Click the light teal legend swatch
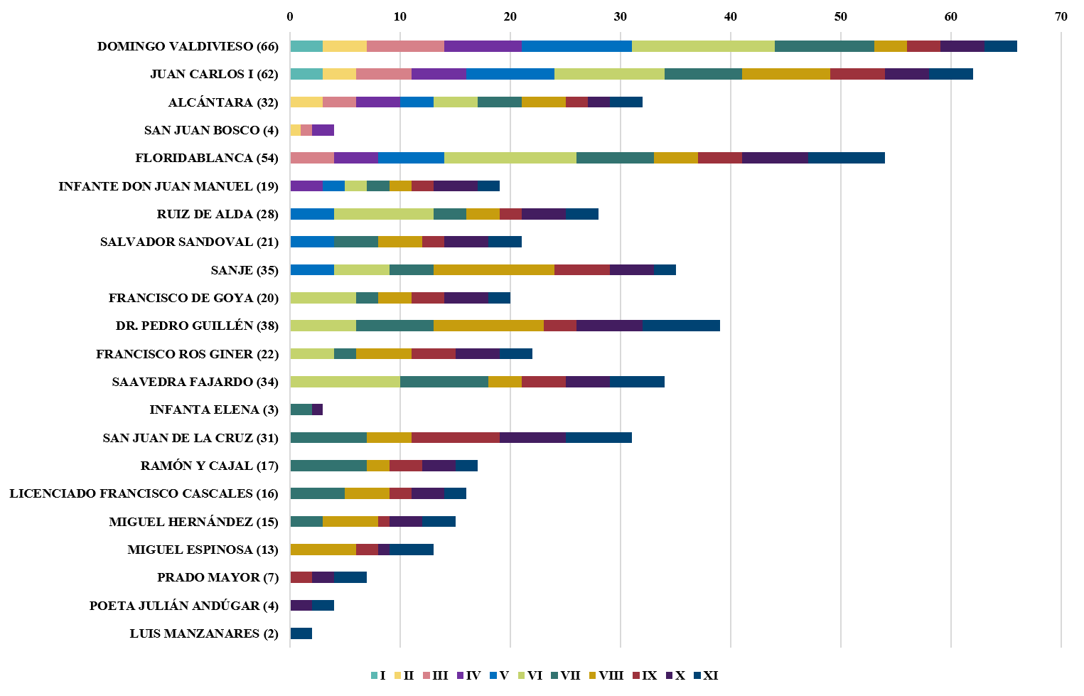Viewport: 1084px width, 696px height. point(374,675)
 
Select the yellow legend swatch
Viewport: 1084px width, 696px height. point(397,675)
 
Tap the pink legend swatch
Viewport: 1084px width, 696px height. point(426,675)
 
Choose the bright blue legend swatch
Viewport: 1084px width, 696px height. point(493,675)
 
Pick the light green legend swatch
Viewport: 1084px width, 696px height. point(522,675)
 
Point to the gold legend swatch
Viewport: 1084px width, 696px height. point(592,675)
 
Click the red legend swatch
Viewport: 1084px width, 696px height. point(636,675)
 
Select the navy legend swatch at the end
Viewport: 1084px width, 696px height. point(697,675)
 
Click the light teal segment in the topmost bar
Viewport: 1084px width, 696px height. point(306,46)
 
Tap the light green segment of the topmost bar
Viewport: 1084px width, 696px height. point(703,46)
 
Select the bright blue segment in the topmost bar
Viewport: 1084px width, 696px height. point(576,46)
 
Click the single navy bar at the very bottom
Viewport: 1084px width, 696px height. point(301,633)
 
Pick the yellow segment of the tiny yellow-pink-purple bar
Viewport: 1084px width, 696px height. point(295,130)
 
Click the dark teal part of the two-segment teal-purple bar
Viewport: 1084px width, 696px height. point(301,409)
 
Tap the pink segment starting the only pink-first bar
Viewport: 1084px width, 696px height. point(312,158)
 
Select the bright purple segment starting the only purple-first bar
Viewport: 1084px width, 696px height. point(306,186)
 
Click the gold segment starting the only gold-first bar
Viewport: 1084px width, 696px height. point(323,550)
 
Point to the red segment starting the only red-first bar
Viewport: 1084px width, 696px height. point(301,577)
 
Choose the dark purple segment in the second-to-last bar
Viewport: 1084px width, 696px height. point(301,606)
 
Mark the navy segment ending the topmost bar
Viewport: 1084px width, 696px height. point(1001,46)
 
